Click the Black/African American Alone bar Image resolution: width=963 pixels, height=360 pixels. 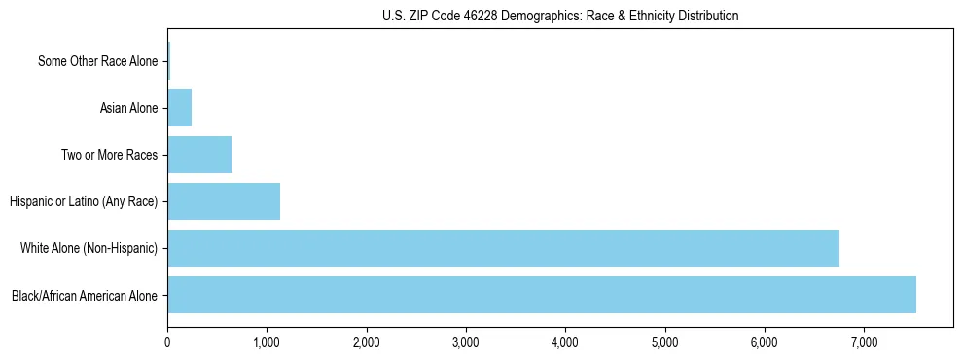tap(541, 295)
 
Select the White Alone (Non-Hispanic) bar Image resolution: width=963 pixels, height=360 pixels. tap(503, 248)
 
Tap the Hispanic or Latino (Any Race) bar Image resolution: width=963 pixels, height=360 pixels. tap(224, 201)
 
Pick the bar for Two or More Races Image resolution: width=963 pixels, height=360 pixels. tap(199, 155)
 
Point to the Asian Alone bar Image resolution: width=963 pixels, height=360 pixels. tap(179, 108)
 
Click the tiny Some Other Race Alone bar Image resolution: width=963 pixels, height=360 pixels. tap(168, 61)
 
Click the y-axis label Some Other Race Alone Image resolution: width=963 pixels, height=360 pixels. tap(97, 61)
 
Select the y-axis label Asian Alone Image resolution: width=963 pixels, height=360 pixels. tap(128, 108)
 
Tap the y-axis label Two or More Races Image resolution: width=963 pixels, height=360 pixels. tap(109, 155)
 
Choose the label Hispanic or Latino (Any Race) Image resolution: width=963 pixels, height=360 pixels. tap(84, 201)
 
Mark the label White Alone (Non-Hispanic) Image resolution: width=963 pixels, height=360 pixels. tap(89, 248)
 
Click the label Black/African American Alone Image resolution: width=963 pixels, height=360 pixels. tap(85, 295)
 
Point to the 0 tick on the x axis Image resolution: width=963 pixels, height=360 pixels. tap(167, 342)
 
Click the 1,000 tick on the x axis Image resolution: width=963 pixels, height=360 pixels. tap(267, 342)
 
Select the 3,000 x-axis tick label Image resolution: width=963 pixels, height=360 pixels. tap(466, 342)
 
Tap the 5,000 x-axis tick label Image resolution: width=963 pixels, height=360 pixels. tap(665, 342)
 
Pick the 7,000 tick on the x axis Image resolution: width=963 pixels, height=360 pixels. tap(864, 342)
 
